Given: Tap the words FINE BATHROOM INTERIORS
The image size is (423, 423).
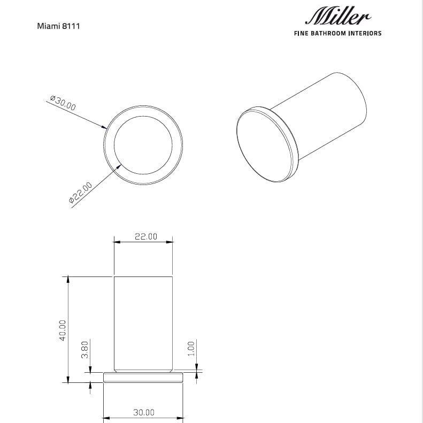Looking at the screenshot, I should pyautogui.click(x=338, y=33).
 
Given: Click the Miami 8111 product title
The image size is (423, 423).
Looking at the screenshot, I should pyautogui.click(x=58, y=26).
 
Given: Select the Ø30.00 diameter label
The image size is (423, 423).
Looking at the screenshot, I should pyautogui.click(x=63, y=103).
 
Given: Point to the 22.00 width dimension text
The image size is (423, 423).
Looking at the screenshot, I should pyautogui.click(x=145, y=236).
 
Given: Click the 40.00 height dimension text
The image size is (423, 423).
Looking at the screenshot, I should pyautogui.click(x=63, y=330).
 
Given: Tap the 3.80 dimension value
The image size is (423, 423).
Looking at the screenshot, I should pyautogui.click(x=84, y=350).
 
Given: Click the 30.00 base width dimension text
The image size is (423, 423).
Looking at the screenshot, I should pyautogui.click(x=143, y=412).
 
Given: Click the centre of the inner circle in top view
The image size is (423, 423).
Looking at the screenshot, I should pyautogui.click(x=143, y=144).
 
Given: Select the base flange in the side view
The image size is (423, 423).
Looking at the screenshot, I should pyautogui.click(x=143, y=378).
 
